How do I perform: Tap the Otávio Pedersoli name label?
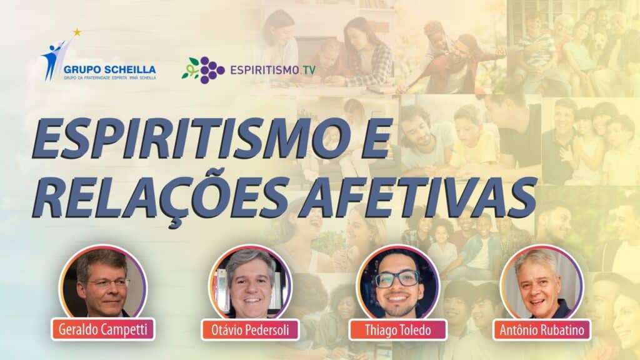point(251,330)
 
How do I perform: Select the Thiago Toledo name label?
point(397,330)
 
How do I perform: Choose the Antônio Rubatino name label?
point(541,330)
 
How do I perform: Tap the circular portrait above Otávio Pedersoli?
point(250,282)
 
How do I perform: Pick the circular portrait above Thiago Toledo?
point(397,282)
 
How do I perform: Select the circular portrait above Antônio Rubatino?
point(541,282)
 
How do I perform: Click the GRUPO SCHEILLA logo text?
point(109,69)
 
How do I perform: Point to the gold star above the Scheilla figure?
point(77,32)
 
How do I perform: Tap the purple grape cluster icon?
point(212,70)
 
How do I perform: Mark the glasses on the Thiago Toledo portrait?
point(397,279)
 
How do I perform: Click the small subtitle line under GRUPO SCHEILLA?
point(109,78)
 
